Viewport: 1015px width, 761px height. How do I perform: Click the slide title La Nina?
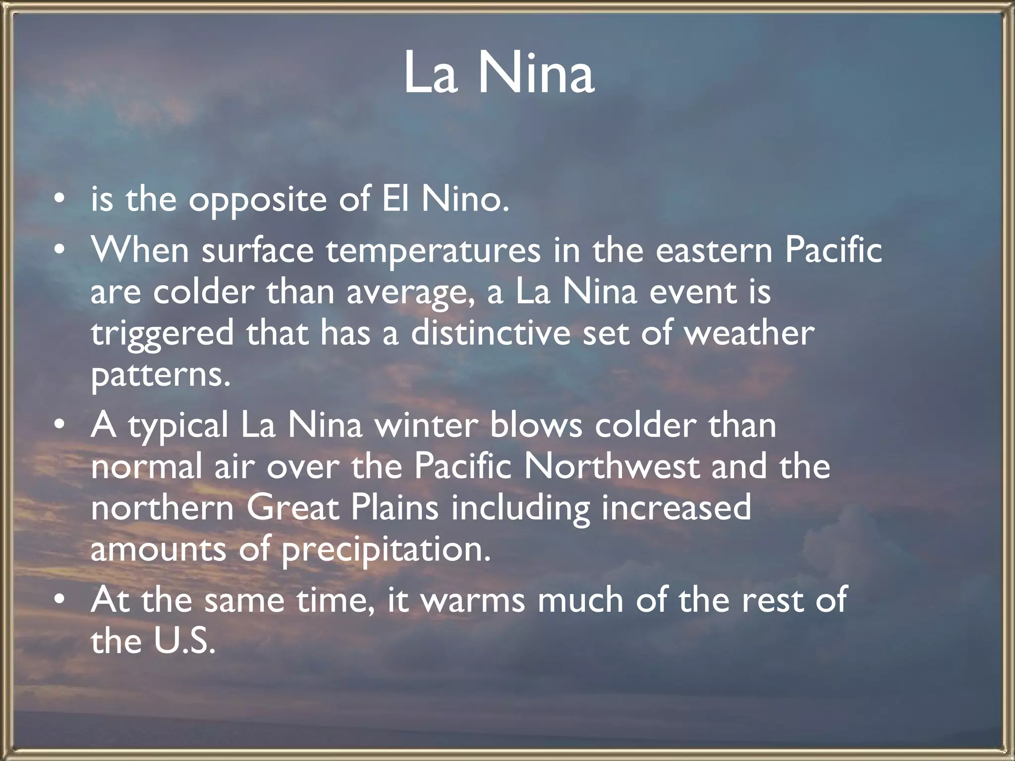tap(499, 74)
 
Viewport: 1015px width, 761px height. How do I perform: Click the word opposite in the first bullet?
tap(257, 201)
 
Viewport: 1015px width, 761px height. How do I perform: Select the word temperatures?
tap(433, 251)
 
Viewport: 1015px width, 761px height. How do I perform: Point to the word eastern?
tap(714, 251)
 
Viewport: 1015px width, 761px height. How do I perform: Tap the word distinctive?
tap(490, 333)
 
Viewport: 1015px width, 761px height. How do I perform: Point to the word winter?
tap(427, 426)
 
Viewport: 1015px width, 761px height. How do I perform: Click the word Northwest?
tap(612, 467)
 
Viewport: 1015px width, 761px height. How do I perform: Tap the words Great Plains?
tap(342, 508)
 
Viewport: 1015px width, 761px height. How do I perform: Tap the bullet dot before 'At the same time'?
tap(59, 600)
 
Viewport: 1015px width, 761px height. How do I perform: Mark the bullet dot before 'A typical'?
tap(59, 426)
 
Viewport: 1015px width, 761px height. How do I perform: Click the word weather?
tap(749, 333)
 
